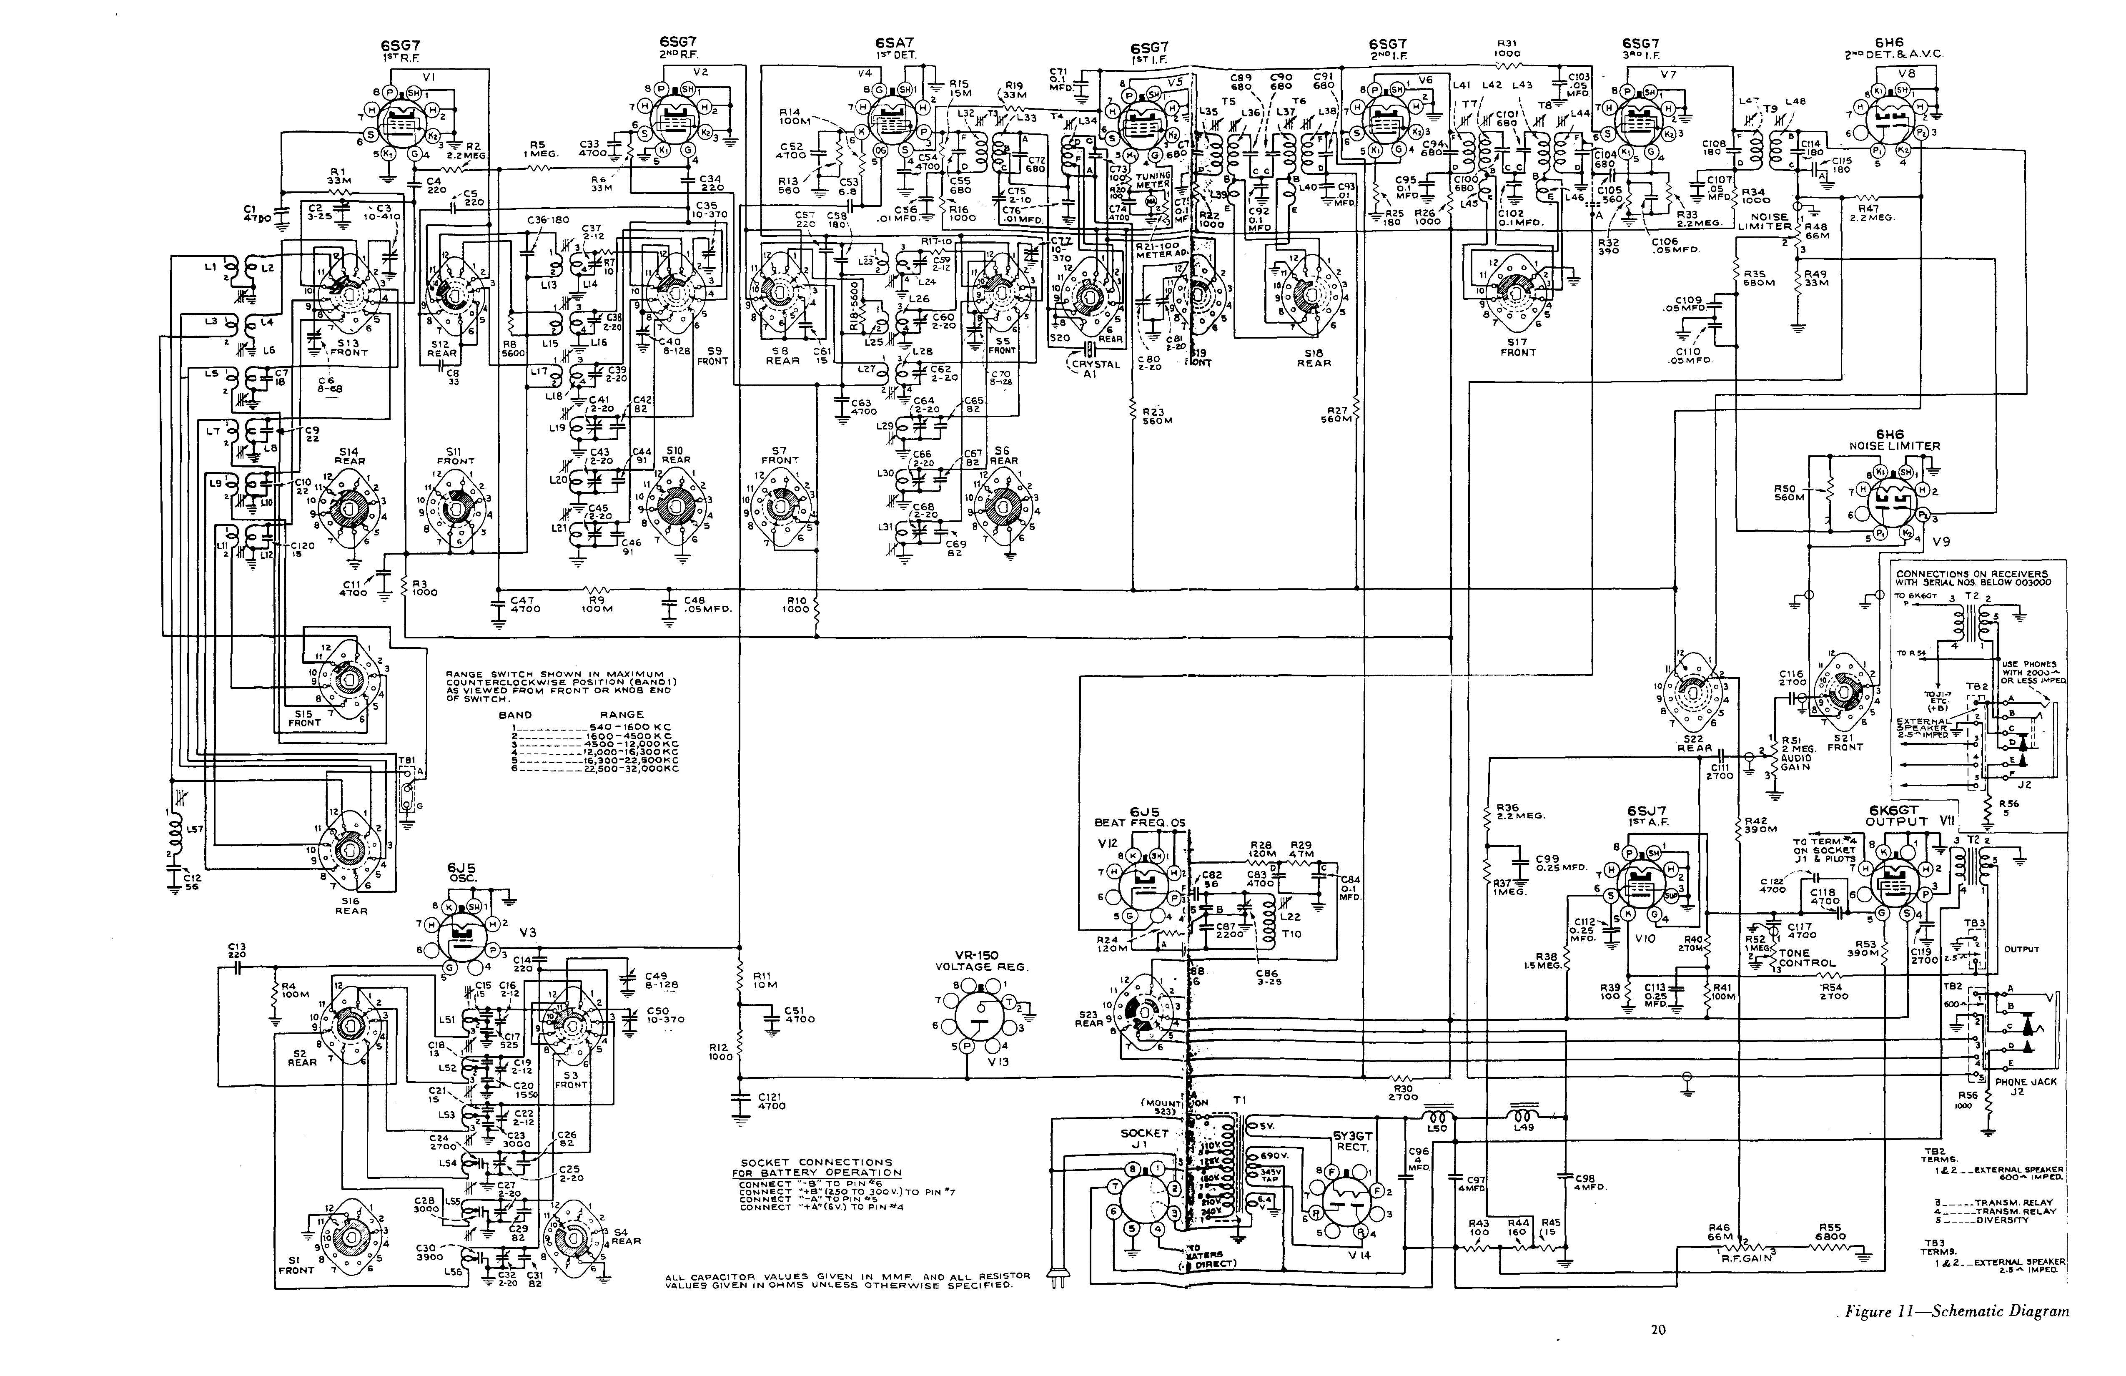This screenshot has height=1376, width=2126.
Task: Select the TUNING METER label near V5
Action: [1152, 181]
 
